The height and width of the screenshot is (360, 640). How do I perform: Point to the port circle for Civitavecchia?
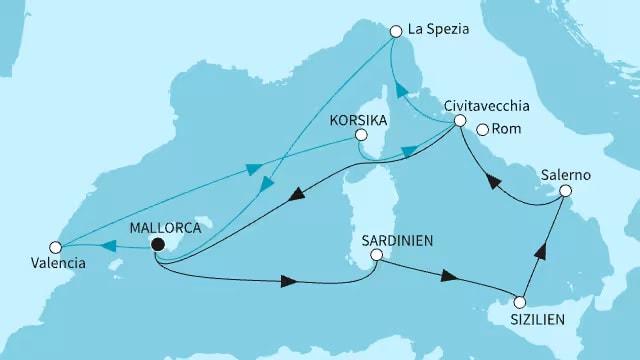pyautogui.click(x=459, y=122)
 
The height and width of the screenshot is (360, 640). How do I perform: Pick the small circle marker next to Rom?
pyautogui.click(x=483, y=129)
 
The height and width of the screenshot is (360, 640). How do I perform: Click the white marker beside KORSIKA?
pyautogui.click(x=361, y=135)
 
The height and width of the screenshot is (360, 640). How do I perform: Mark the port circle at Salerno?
pyautogui.click(x=565, y=191)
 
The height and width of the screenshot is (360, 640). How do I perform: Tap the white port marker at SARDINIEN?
pyautogui.click(x=375, y=256)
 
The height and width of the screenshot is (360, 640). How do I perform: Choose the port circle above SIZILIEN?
pyautogui.click(x=519, y=302)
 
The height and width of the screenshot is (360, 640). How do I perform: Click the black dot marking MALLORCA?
pyautogui.click(x=157, y=243)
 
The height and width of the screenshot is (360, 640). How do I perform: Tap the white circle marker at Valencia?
pyautogui.click(x=57, y=245)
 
